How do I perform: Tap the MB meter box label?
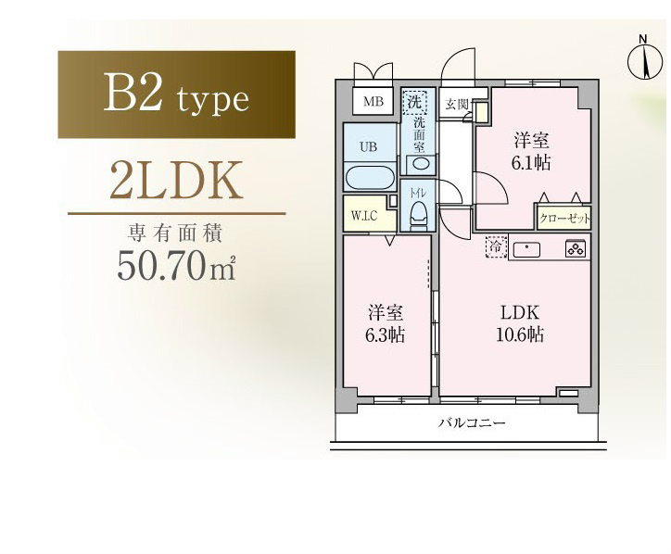(x=373, y=101)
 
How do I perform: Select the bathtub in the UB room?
(x=370, y=179)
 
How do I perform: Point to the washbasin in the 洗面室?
(x=421, y=163)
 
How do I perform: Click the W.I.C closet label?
(x=364, y=215)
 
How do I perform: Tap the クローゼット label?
(x=564, y=219)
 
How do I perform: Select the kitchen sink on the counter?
(x=526, y=249)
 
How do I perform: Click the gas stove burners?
(x=576, y=248)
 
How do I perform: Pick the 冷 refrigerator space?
(x=497, y=246)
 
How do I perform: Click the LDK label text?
(x=520, y=313)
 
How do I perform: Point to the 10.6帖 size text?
(x=520, y=334)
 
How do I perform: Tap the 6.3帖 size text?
(x=385, y=335)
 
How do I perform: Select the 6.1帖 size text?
(x=531, y=162)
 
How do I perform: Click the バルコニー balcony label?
(x=472, y=423)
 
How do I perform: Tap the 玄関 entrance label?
(x=457, y=104)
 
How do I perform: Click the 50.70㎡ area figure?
(x=177, y=265)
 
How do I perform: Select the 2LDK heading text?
(x=176, y=181)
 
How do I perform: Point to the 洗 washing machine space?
(x=414, y=103)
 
